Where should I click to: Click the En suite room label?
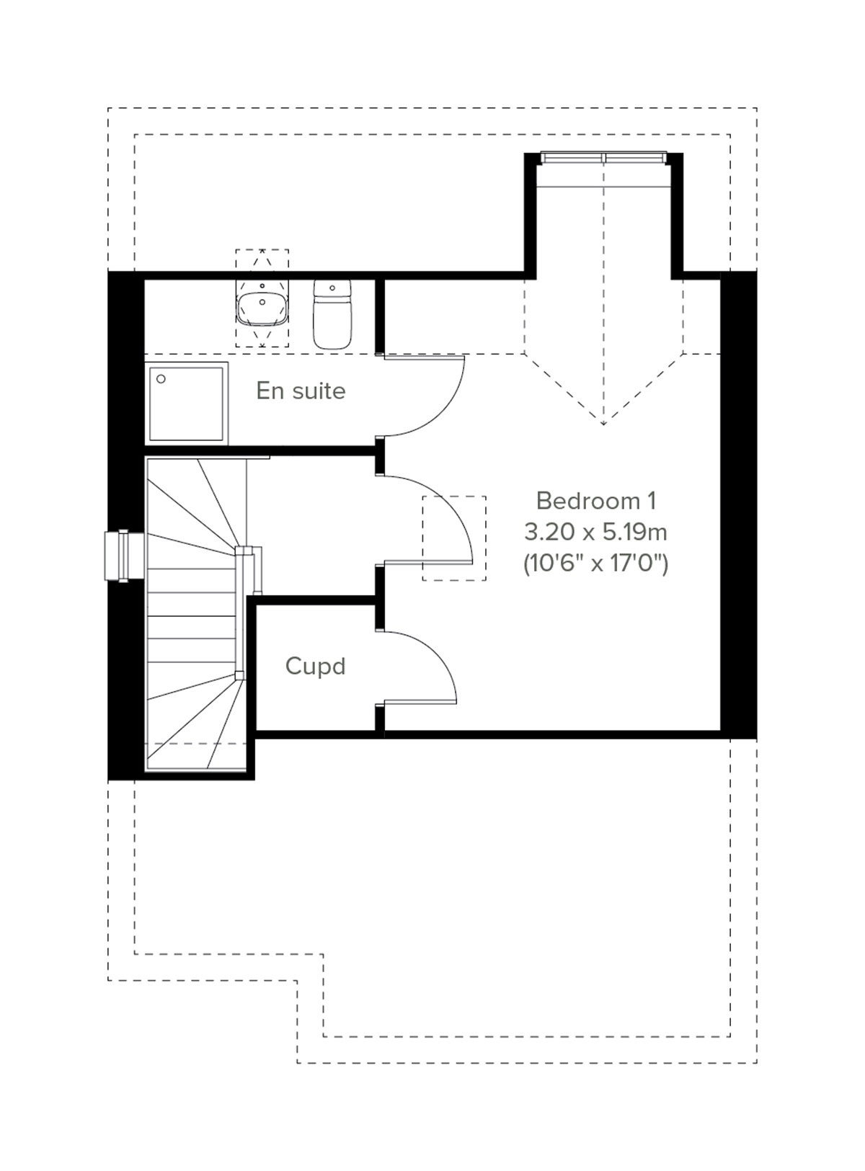click(301, 391)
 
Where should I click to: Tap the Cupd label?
click(315, 666)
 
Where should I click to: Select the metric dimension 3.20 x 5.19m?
click(595, 533)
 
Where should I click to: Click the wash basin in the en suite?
click(262, 307)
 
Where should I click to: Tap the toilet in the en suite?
click(333, 314)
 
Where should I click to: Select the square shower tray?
click(187, 403)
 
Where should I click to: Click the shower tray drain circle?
click(161, 378)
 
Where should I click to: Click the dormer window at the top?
click(604, 157)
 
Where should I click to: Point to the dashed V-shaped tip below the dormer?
click(604, 422)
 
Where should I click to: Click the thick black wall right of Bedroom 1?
click(738, 504)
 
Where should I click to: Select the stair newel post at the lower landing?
click(240, 675)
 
